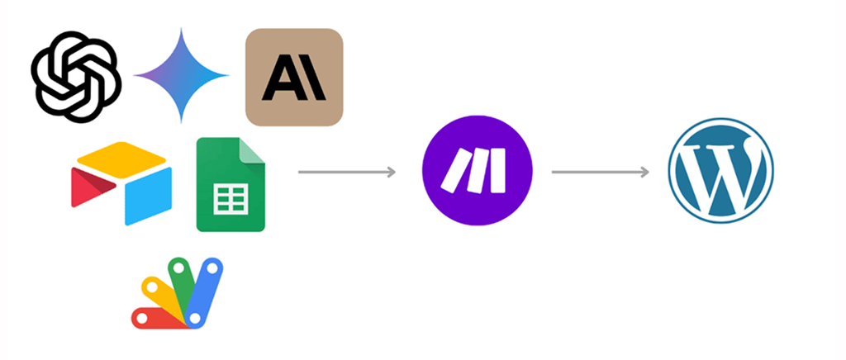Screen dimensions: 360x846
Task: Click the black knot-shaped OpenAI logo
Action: pos(77,76)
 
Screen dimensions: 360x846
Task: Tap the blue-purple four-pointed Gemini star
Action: pos(181,76)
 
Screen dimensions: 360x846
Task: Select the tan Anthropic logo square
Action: pos(294,77)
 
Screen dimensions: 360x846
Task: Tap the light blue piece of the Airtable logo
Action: pos(148,195)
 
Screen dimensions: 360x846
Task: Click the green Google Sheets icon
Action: pos(231,185)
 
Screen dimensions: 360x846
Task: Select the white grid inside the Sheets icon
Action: pos(231,198)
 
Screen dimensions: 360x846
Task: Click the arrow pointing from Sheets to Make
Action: pos(346,172)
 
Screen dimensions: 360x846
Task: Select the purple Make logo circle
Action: pos(478,172)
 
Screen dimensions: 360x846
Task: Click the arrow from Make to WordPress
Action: pos(600,172)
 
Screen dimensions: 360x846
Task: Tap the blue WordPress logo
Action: pos(721,172)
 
